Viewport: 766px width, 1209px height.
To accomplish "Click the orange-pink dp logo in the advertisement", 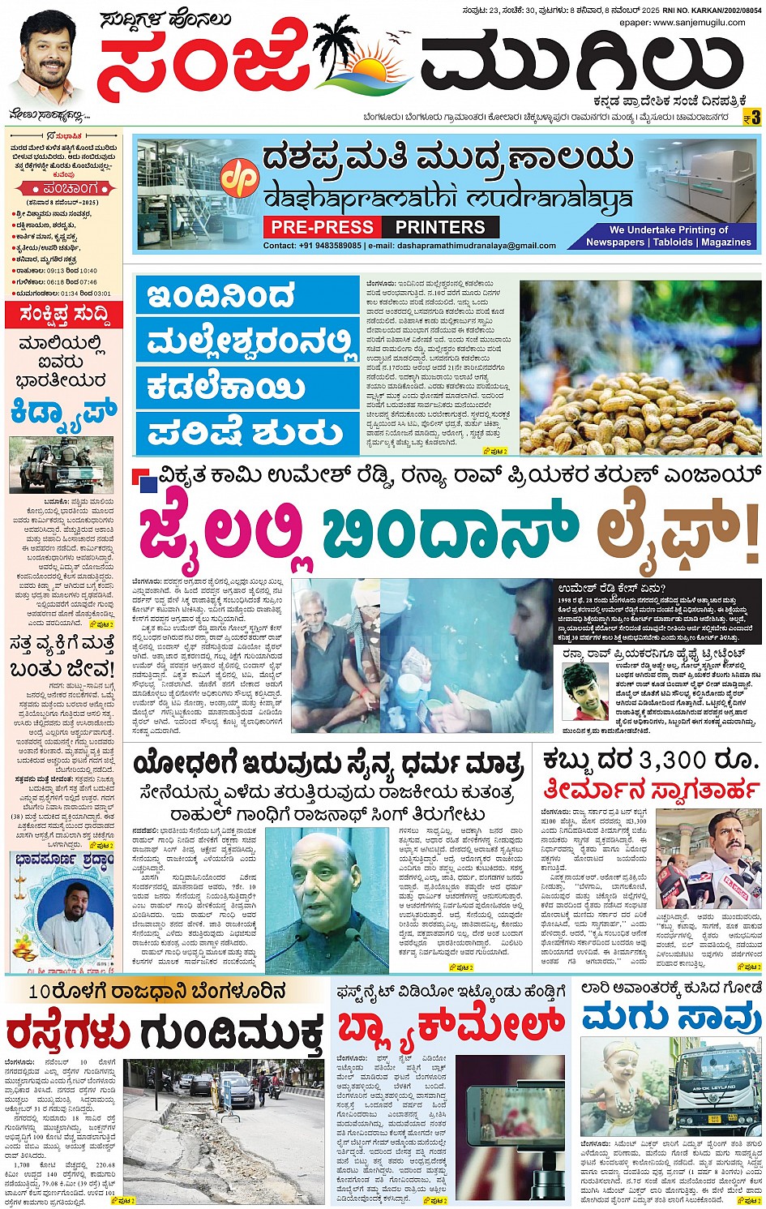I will pos(240,179).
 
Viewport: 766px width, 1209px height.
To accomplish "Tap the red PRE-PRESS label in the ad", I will pos(322,228).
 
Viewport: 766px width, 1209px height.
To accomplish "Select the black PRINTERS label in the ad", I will pos(440,228).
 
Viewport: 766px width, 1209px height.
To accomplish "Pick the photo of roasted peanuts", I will pos(640,367).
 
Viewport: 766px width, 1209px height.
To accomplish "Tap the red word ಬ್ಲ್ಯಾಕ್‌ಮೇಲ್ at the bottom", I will pos(451,1026).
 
